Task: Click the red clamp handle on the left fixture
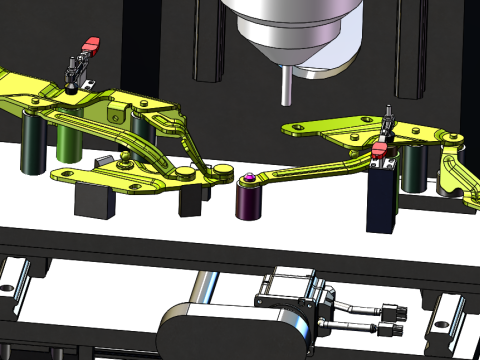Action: pyautogui.click(x=91, y=45)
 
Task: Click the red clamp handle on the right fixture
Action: pyautogui.click(x=379, y=151)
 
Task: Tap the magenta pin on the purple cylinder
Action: pyautogui.click(x=247, y=178)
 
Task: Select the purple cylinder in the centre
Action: pyautogui.click(x=248, y=201)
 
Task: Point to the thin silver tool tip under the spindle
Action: pyautogui.click(x=286, y=85)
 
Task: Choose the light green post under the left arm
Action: pyautogui.click(x=68, y=141)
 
